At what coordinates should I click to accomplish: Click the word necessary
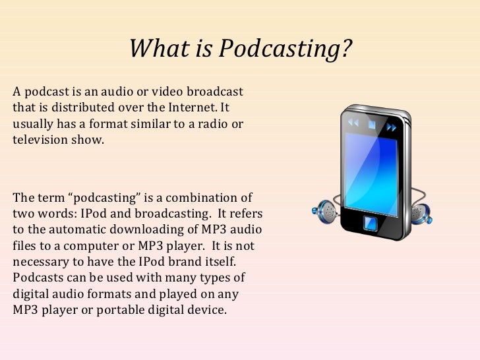(x=39, y=261)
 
